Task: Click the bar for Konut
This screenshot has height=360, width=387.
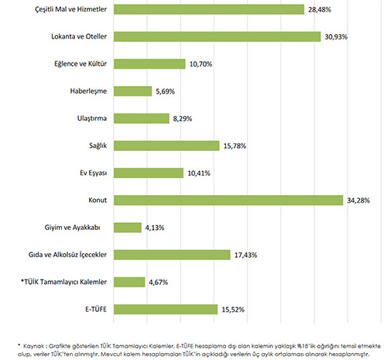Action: point(228,201)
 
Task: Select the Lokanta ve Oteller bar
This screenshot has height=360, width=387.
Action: point(217,36)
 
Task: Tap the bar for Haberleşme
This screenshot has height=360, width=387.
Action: point(132,91)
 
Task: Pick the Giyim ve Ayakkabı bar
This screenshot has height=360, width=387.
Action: point(128,228)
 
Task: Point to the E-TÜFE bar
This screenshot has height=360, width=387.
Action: point(166,310)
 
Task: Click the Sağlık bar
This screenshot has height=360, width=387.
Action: point(166,146)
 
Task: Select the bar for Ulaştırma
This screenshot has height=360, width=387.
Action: point(142,118)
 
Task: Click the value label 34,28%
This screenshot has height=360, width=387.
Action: point(358,201)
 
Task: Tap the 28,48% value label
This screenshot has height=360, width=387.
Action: point(320,10)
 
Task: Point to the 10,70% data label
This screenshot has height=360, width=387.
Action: point(200,64)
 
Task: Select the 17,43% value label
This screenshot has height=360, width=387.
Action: point(245,255)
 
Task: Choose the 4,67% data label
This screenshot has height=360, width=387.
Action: point(159,283)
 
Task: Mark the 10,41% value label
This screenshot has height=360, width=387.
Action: point(199,173)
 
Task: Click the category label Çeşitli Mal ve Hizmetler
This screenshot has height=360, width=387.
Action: point(70,9)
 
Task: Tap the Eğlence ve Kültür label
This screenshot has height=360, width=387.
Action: point(80,63)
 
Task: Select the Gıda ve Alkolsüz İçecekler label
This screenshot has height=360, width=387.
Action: point(67,255)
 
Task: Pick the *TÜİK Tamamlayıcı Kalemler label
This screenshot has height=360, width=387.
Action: point(63,282)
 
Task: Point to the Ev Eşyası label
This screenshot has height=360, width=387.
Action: point(93,173)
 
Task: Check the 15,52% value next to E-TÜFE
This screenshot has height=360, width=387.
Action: point(233,310)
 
